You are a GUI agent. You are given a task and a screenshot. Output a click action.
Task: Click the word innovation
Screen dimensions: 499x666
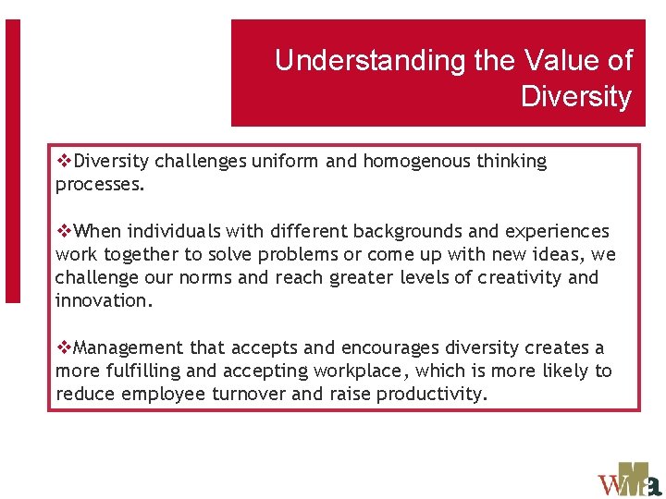pos(102,301)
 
